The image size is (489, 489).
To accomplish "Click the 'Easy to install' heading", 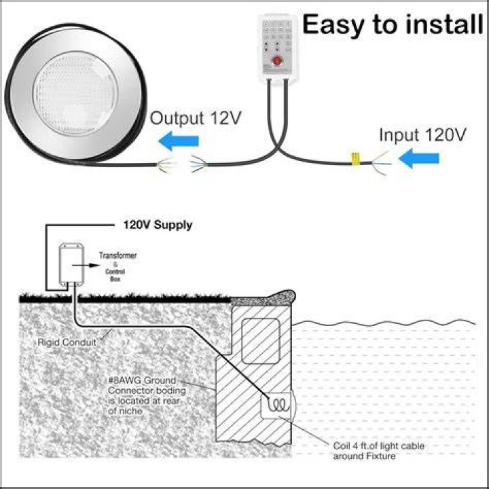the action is tap(393, 24).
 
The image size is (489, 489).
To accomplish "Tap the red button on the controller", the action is tap(276, 60).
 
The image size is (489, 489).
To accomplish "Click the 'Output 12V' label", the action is tap(196, 118).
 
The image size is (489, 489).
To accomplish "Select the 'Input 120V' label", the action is tap(422, 135).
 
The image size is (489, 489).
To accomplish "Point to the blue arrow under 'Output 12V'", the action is tap(179, 141).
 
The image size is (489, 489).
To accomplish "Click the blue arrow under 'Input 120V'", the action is tap(419, 158).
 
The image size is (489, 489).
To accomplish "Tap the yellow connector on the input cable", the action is tap(355, 159).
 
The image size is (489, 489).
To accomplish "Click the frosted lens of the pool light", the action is tap(75, 93).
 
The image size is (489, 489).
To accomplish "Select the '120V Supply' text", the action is tap(158, 225).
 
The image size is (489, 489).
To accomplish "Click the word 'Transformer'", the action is tap(118, 255).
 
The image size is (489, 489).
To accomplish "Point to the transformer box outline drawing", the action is tap(71, 264).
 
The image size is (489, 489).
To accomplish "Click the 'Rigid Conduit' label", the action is tap(67, 342).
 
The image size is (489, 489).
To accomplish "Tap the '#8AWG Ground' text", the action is tap(142, 380).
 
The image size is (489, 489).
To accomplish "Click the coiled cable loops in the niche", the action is tap(278, 405).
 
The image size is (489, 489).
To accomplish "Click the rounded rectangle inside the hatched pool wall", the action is tap(261, 341).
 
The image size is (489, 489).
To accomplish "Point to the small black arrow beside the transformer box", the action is tap(86, 266).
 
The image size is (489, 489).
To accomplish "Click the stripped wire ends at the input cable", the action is tap(381, 163).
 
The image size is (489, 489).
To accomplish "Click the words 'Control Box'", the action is tap(115, 275).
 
